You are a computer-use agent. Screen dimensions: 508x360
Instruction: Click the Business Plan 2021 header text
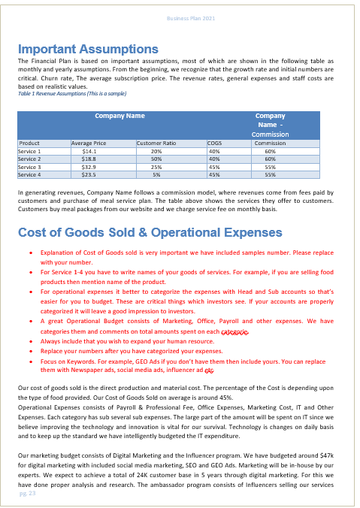click(x=191, y=17)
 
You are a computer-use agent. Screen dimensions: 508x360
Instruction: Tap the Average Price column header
click(x=88, y=142)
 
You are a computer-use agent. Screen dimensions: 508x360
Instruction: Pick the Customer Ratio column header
click(x=156, y=142)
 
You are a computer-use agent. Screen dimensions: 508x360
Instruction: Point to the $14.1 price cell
click(x=88, y=151)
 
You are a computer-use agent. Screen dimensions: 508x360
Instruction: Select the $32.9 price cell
click(x=88, y=167)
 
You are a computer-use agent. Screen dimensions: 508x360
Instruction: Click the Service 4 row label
click(x=29, y=174)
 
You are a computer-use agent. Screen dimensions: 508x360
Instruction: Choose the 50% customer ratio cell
click(x=156, y=159)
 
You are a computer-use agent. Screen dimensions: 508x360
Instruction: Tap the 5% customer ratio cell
click(x=156, y=174)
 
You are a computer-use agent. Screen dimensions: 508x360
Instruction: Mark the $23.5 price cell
click(x=88, y=174)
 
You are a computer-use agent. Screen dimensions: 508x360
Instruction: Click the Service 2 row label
click(x=29, y=159)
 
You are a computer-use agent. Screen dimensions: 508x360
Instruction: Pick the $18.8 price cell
click(x=88, y=159)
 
